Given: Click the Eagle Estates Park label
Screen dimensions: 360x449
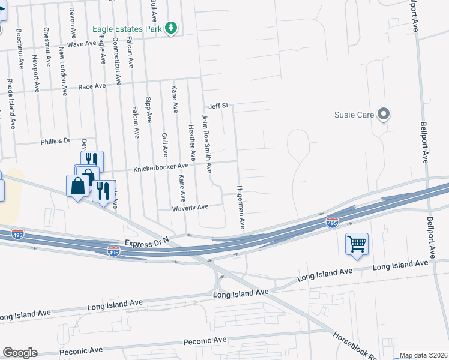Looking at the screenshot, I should coord(127,28).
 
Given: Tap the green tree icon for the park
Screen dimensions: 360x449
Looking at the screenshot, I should coord(172,28).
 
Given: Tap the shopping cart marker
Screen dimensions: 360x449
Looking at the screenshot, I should coord(357,244).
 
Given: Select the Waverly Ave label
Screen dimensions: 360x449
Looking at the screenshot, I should coord(191,207).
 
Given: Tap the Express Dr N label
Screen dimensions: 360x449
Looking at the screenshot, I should coord(146,243).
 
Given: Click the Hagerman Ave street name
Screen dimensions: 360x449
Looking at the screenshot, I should coord(241,205).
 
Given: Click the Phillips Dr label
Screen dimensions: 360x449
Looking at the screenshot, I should coord(55,142).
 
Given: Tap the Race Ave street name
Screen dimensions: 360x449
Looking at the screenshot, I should coord(92,87).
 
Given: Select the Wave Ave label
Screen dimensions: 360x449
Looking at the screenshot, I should coord(82,44).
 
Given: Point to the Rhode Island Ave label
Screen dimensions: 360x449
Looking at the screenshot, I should coord(10,104).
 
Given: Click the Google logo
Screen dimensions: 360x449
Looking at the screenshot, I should coord(20,353).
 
